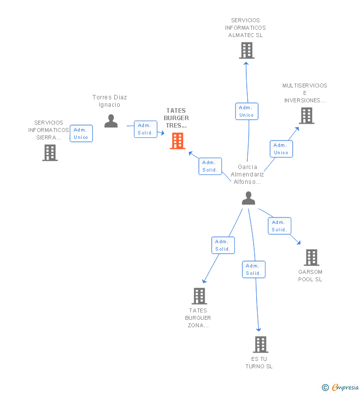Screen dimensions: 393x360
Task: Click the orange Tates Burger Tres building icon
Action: point(177,141)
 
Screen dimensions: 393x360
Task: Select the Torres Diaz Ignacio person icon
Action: point(111,121)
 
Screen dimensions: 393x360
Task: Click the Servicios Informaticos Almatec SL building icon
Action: point(246,50)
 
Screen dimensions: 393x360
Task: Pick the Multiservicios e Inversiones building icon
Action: point(307,116)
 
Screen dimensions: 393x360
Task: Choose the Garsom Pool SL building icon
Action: point(311,258)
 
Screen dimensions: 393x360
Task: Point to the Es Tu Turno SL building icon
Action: point(260,345)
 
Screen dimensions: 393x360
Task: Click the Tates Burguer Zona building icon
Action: point(199,296)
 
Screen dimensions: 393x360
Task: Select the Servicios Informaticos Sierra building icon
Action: point(50,153)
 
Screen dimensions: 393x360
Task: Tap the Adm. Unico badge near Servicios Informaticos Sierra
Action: point(81,133)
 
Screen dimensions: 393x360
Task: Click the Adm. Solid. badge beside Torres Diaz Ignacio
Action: point(145,129)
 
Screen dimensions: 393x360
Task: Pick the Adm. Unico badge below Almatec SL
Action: point(246,111)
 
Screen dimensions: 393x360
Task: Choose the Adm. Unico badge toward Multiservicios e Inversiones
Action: point(281,149)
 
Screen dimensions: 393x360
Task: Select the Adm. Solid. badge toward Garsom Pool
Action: point(279,226)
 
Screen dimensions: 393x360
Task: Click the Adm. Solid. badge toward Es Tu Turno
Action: point(254,269)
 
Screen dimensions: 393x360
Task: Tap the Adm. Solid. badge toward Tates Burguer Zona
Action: point(223,245)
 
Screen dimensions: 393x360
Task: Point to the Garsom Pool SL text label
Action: point(310,276)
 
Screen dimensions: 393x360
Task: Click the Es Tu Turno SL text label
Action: point(259,363)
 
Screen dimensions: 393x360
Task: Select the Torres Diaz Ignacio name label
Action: point(110,101)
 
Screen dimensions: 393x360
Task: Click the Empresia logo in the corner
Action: point(340,388)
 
